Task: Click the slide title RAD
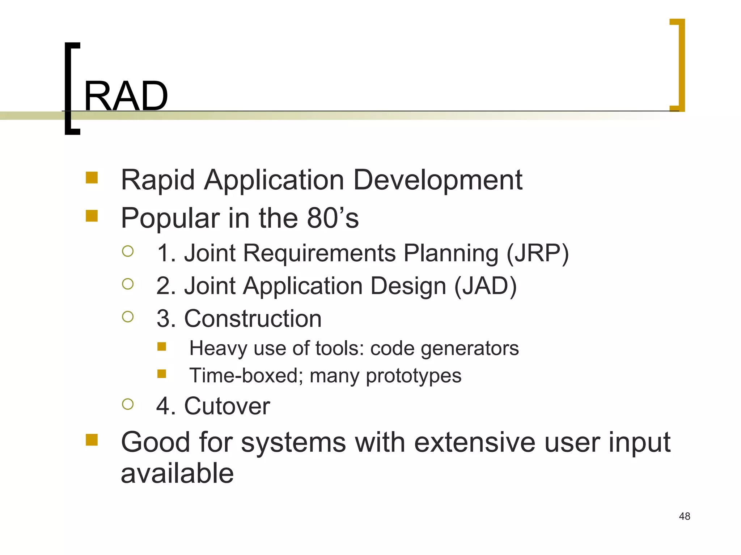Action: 126,96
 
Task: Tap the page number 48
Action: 684,516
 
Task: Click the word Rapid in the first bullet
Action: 158,180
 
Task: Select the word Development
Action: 437,180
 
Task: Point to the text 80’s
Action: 333,218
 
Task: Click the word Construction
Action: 253,319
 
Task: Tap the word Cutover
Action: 227,406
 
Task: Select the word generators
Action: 470,349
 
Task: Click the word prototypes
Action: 414,376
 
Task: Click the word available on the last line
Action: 177,474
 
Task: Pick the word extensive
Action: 474,443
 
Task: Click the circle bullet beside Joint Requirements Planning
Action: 128,251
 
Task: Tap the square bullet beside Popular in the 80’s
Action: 92,216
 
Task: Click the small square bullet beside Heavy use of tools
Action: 162,347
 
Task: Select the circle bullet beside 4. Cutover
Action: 128,404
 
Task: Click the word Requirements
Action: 319,253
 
